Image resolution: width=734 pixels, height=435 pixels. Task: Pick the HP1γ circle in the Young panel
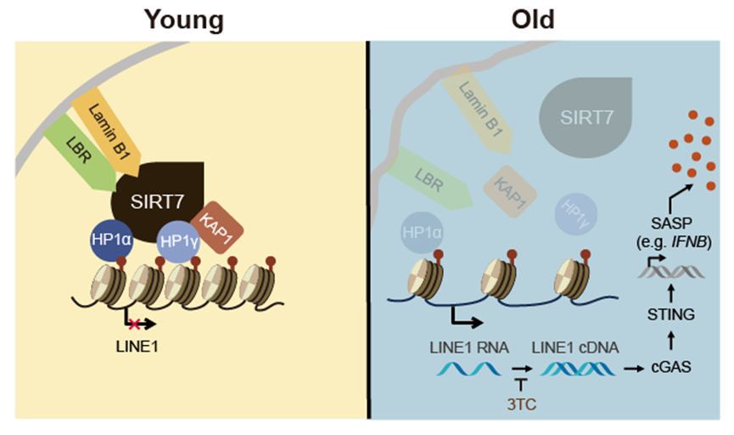coord(178,240)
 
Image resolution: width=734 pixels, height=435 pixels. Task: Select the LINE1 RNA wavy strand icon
coord(467,369)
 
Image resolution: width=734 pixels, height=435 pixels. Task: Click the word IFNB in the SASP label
coord(693,242)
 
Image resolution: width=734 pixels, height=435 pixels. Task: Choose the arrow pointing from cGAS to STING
coord(672,341)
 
